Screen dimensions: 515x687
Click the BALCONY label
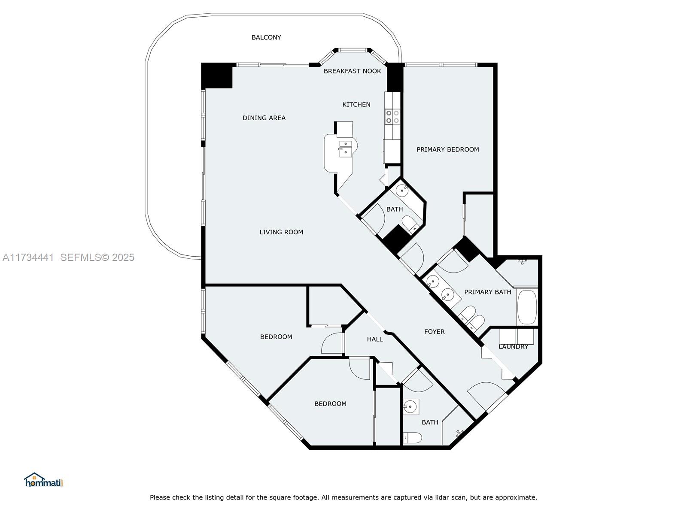pyautogui.click(x=266, y=38)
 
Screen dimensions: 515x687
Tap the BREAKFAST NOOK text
pyautogui.click(x=352, y=71)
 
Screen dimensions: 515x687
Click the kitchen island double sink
pyautogui.click(x=345, y=148)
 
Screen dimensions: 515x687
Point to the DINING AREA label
pyautogui.click(x=264, y=118)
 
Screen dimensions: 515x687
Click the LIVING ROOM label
pyautogui.click(x=281, y=232)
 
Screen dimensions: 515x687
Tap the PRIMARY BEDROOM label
pyautogui.click(x=447, y=150)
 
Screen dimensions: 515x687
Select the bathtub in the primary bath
pyautogui.click(x=527, y=307)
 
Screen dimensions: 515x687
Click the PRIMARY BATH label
pyautogui.click(x=487, y=292)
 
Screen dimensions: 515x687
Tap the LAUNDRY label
pyautogui.click(x=513, y=347)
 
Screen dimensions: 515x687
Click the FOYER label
pyautogui.click(x=434, y=332)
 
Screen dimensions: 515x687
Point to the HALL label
pyautogui.click(x=374, y=339)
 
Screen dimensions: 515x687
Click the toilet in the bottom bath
pyautogui.click(x=413, y=438)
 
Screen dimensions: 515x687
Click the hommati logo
pyautogui.click(x=43, y=480)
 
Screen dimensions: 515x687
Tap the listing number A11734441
pyautogui.click(x=28, y=257)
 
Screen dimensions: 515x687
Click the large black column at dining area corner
pyautogui.click(x=217, y=76)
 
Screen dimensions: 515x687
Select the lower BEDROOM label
pyautogui.click(x=330, y=404)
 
